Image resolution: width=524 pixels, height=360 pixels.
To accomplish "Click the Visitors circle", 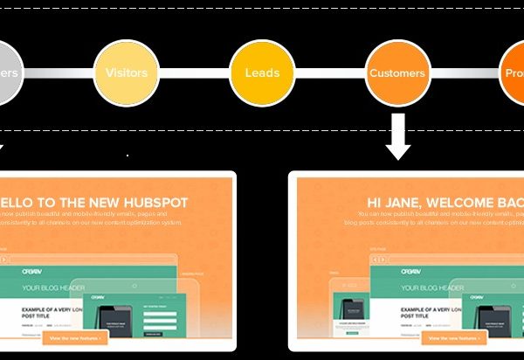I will tap(126, 73).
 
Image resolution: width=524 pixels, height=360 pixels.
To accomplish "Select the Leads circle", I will tap(262, 73).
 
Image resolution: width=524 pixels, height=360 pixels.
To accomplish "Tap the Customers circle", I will tap(398, 73).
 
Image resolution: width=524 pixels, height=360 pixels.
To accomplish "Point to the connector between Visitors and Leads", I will tap(194, 73).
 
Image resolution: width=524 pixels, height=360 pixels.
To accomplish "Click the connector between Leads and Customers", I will tap(330, 73).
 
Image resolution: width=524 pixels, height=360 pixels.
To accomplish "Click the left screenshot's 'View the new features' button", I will tap(75, 336).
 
